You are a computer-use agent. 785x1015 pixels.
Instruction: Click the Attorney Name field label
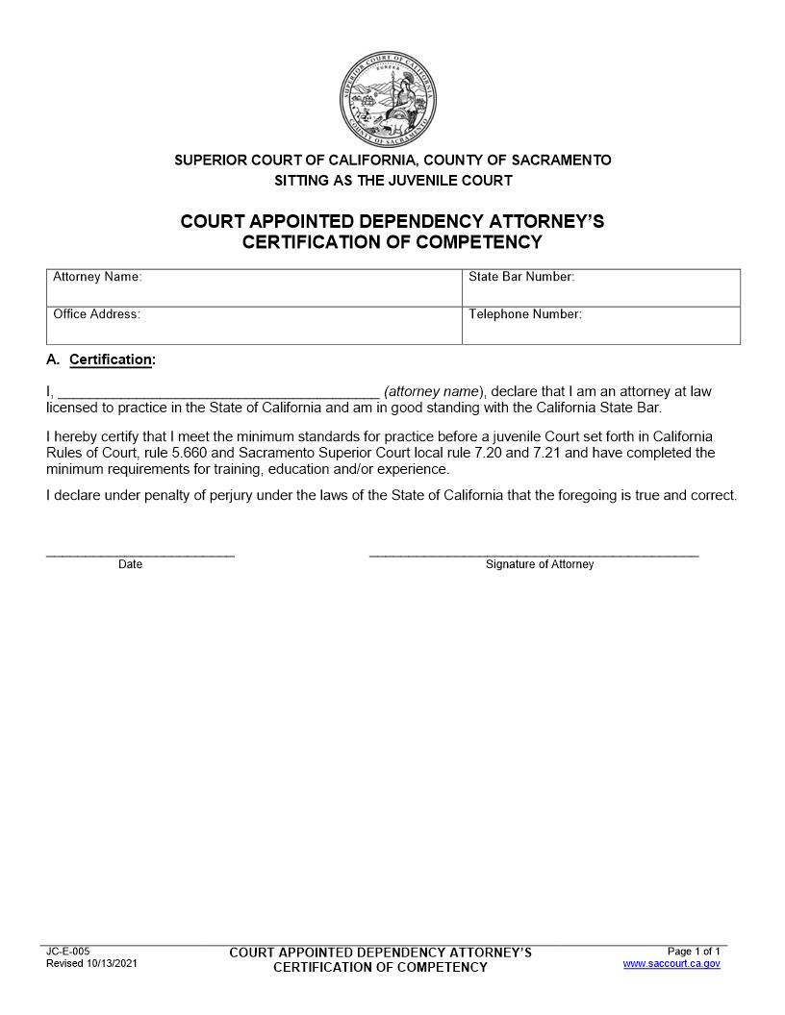(x=97, y=277)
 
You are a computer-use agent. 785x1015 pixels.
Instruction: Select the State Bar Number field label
(x=521, y=277)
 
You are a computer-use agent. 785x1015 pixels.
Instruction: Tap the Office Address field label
(x=96, y=314)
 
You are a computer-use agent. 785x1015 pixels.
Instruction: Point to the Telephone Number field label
(x=525, y=314)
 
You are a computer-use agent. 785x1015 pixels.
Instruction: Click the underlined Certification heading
(x=112, y=359)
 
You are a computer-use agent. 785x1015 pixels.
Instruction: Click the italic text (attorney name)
(x=432, y=392)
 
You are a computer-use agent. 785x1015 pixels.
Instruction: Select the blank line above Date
(x=140, y=554)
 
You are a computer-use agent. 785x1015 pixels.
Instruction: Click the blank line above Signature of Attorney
(x=534, y=554)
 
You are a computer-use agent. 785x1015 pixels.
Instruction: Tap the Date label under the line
(x=131, y=565)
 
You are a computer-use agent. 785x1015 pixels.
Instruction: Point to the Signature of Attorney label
(x=540, y=565)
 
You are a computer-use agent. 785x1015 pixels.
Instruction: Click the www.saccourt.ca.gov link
(x=671, y=963)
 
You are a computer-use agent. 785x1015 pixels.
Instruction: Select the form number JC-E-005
(x=68, y=951)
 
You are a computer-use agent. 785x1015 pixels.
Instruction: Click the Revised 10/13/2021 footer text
(x=91, y=963)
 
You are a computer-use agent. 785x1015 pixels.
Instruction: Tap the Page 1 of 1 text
(x=694, y=951)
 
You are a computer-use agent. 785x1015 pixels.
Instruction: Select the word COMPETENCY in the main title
(x=479, y=242)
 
